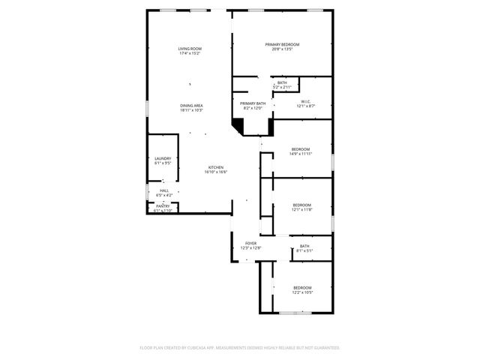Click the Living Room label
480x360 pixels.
pos(190,49)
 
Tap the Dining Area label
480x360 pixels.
pos(191,106)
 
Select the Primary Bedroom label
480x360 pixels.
pos(283,45)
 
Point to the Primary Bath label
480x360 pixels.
pos(253,103)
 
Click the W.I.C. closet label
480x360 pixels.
pos(306,102)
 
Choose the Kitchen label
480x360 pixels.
pos(215,167)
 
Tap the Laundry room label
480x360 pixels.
pos(163,158)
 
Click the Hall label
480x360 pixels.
pos(164,190)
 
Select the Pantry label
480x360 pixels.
pos(163,206)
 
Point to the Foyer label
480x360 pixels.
pos(250,244)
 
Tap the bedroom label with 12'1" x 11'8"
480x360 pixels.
pos(301,205)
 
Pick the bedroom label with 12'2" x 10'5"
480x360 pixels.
pos(302,288)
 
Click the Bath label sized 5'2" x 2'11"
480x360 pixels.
pos(282,82)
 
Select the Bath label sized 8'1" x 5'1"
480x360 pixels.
pos(304,246)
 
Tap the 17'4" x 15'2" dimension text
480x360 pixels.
pos(190,53)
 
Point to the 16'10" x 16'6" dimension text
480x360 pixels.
pos(215,172)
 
